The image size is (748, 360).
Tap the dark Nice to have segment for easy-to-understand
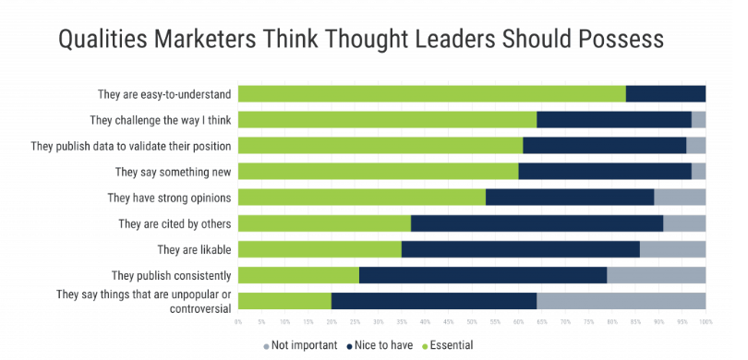pos(665,93)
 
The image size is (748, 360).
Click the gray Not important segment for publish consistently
pos(656,275)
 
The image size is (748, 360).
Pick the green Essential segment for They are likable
pos(320,249)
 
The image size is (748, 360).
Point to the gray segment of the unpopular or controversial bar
pos(621,301)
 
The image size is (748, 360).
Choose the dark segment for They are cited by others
pos(537,223)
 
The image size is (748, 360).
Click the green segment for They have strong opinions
pos(361,197)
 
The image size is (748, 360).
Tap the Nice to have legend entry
pos(380,345)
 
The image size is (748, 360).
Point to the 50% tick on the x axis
pos(472,322)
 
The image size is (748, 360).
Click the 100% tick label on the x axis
pos(705,322)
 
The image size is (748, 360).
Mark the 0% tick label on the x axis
pos(238,322)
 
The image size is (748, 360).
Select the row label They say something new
pos(173,172)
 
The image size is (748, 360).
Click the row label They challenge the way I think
pos(160,120)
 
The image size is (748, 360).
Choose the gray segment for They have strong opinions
pos(680,197)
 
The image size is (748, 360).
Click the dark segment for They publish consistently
pos(482,275)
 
